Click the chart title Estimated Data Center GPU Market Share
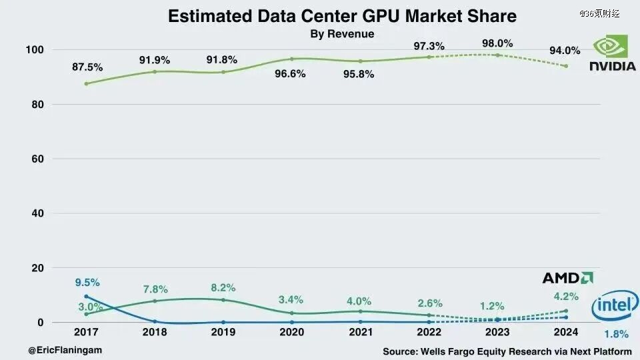pyautogui.click(x=342, y=16)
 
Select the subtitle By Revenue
pyautogui.click(x=342, y=34)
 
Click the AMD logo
pyautogui.click(x=567, y=278)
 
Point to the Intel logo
pyautogui.click(x=615, y=306)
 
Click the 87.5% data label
pyautogui.click(x=88, y=67)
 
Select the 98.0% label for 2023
pyautogui.click(x=497, y=43)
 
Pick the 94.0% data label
pyautogui.click(x=565, y=50)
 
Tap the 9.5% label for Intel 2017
pyautogui.click(x=87, y=282)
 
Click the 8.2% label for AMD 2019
pyautogui.click(x=223, y=287)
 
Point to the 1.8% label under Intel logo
pyautogui.click(x=615, y=334)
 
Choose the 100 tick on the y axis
pyautogui.click(x=35, y=50)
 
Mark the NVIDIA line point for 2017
pyautogui.click(x=87, y=83)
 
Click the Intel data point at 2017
pyautogui.click(x=87, y=297)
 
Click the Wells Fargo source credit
pyautogui.click(x=507, y=351)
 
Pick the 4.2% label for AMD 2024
pyautogui.click(x=566, y=297)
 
